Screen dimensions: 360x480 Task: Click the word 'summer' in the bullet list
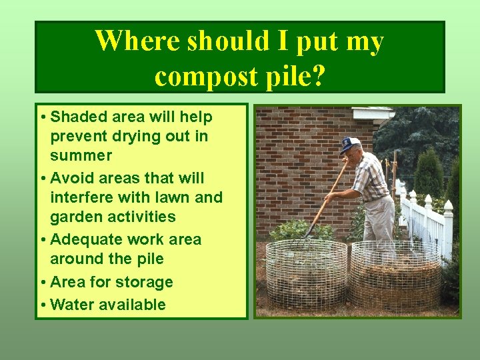tap(81, 155)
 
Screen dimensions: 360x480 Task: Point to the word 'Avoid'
tap(71, 178)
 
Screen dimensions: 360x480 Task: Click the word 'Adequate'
tap(83, 239)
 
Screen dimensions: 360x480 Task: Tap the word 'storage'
tap(144, 282)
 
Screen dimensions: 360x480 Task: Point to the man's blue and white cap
tap(349, 144)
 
